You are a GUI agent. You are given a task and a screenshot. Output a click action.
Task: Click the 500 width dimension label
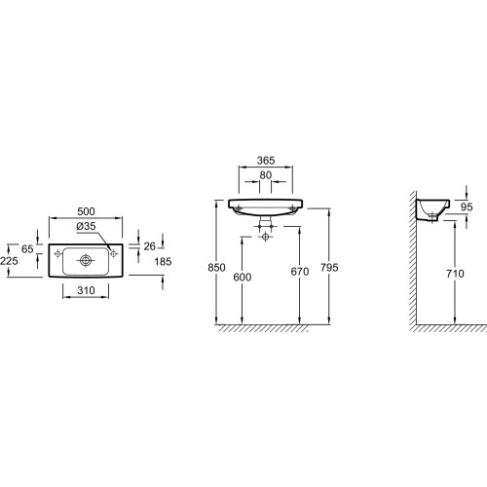(x=86, y=211)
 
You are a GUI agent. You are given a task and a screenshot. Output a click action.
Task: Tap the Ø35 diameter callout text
(x=86, y=226)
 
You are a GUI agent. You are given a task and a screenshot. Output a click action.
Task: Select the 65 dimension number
(x=27, y=249)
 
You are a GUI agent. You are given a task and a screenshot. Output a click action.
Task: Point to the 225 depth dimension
(x=9, y=261)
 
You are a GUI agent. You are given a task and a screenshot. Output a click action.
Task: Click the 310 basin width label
(x=86, y=290)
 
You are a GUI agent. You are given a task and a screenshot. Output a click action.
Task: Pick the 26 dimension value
(x=149, y=246)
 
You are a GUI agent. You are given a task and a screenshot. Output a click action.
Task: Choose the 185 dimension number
(x=163, y=261)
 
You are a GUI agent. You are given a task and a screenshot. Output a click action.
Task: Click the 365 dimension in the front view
(x=266, y=161)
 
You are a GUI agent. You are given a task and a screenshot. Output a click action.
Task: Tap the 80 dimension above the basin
(x=266, y=175)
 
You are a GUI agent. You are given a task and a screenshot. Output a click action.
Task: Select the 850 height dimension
(x=216, y=268)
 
